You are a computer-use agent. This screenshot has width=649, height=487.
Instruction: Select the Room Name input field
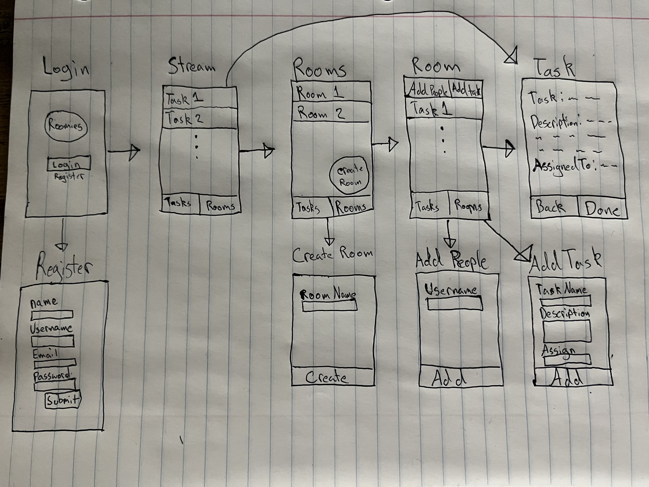[330, 306]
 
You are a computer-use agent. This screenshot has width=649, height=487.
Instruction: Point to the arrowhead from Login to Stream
[134, 152]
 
